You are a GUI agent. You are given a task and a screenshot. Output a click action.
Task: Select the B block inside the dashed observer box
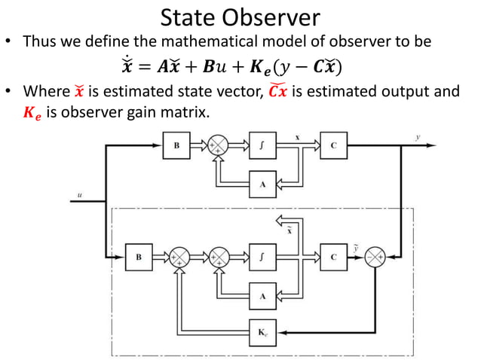(138, 258)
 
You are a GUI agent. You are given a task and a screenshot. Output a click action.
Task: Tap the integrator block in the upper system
(262, 146)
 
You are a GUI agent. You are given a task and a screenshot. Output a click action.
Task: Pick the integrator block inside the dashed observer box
(262, 258)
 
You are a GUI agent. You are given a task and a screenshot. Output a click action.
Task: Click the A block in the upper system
(262, 184)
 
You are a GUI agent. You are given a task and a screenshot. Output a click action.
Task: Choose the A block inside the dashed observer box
(262, 296)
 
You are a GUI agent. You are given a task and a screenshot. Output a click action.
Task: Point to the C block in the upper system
(332, 146)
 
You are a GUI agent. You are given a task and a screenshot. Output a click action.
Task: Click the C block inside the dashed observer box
(332, 258)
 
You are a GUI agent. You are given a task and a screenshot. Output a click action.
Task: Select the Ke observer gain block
(262, 330)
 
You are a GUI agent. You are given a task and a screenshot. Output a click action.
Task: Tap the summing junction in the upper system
(219, 146)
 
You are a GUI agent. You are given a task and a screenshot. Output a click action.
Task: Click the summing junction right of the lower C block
(375, 258)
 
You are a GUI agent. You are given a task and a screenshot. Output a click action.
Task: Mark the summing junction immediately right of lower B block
(179, 258)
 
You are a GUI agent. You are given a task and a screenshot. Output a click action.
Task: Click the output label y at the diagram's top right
(418, 138)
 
